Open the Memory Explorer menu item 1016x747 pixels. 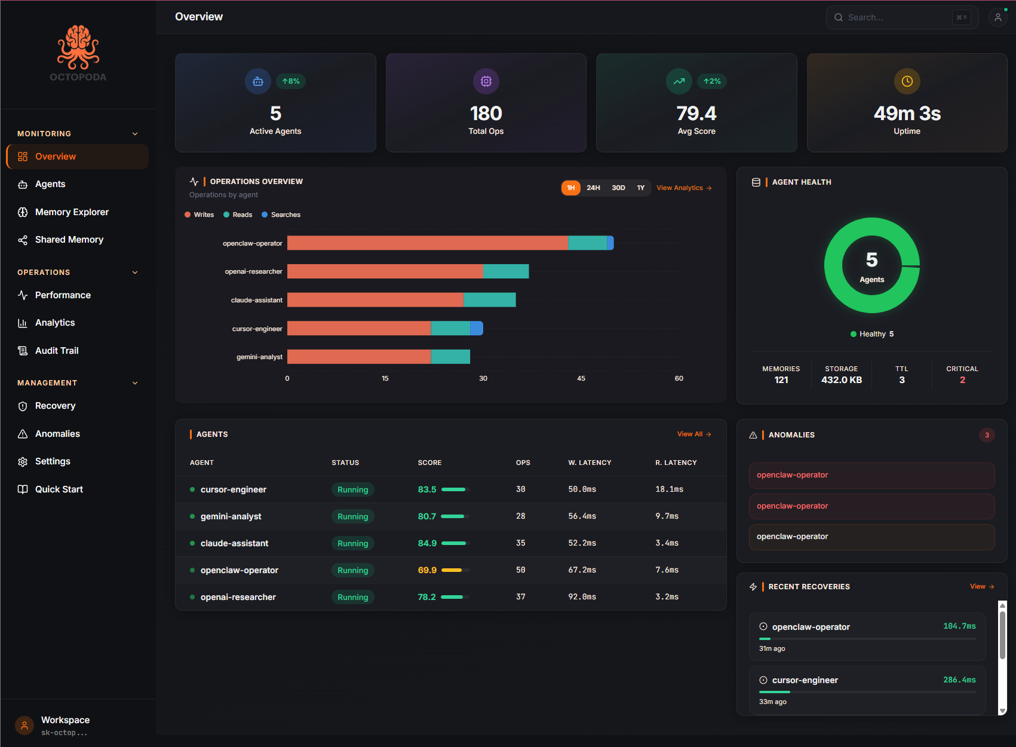tap(72, 212)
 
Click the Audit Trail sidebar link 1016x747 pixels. tap(57, 351)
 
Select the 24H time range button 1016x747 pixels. tap(593, 188)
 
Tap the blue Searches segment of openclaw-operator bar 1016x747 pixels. tap(610, 243)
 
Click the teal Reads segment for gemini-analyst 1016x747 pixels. tap(450, 357)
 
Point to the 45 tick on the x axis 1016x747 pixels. tap(581, 378)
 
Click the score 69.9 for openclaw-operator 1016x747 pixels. tap(427, 570)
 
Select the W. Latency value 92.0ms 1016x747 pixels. tap(582, 597)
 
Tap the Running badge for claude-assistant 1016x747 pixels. tap(352, 543)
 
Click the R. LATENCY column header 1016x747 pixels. tap(676, 463)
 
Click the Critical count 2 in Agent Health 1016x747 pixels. tap(962, 380)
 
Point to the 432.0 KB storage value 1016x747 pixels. tap(841, 380)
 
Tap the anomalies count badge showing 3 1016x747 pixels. tap(987, 435)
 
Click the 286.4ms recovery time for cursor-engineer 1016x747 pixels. tap(959, 680)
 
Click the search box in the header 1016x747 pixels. tap(896, 17)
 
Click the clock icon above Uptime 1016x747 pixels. tap(907, 81)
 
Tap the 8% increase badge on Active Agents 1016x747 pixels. tap(291, 81)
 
